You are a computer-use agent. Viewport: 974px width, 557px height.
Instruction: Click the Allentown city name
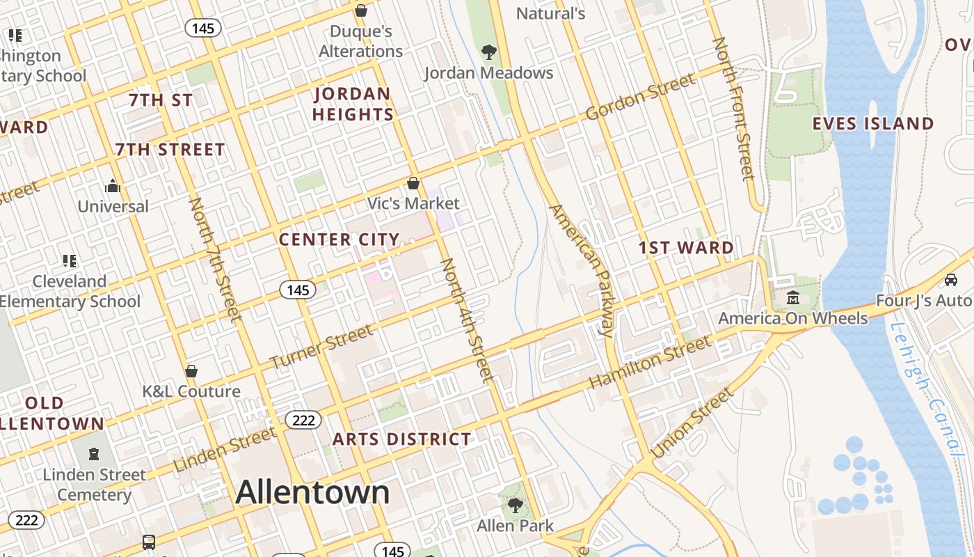point(312,492)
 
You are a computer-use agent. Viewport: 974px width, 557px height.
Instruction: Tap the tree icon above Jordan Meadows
point(489,52)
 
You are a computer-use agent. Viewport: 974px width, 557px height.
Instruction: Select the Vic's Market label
point(413,203)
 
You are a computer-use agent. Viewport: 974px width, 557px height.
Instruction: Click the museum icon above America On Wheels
point(792,298)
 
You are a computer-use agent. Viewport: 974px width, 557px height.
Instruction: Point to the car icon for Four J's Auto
point(951,280)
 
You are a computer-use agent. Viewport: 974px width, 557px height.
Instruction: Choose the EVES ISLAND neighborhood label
point(873,124)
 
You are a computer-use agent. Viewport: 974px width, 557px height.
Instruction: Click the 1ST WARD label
point(686,248)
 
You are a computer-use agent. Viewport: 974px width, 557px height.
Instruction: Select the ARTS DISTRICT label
point(401,439)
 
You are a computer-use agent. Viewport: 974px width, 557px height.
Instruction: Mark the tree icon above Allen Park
point(516,505)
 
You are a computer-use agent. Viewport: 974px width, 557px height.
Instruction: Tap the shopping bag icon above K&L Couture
point(191,371)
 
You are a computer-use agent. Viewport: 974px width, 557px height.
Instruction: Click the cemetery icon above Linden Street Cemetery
point(94,454)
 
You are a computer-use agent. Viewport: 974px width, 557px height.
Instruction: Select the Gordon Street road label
point(640,96)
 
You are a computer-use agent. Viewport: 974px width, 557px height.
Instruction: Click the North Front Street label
point(733,108)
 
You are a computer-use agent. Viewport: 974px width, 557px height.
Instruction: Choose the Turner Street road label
point(321,347)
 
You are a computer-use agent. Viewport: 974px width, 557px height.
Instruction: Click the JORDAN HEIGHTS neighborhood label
point(353,104)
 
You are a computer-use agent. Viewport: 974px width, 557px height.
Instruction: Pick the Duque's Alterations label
point(360,41)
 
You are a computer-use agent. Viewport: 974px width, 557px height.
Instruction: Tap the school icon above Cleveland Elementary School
point(70,261)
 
